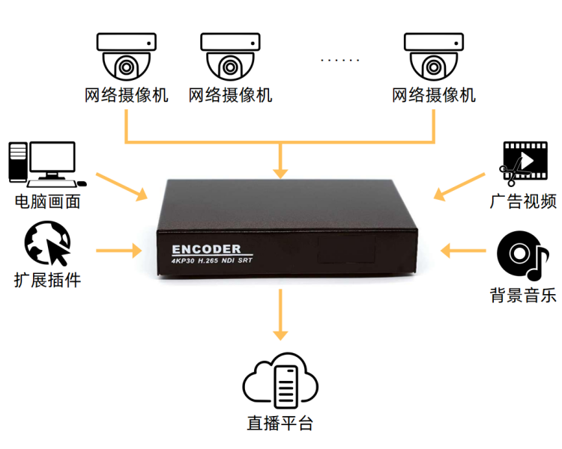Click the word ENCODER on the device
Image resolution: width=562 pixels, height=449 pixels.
pyautogui.click(x=206, y=248)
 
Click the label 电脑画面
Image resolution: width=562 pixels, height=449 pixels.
pyautogui.click(x=47, y=202)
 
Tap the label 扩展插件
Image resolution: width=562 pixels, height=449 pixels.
pyautogui.click(x=47, y=281)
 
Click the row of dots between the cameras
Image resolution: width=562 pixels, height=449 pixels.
pyautogui.click(x=339, y=59)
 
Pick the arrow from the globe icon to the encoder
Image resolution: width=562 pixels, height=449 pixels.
pyautogui.click(x=118, y=249)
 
